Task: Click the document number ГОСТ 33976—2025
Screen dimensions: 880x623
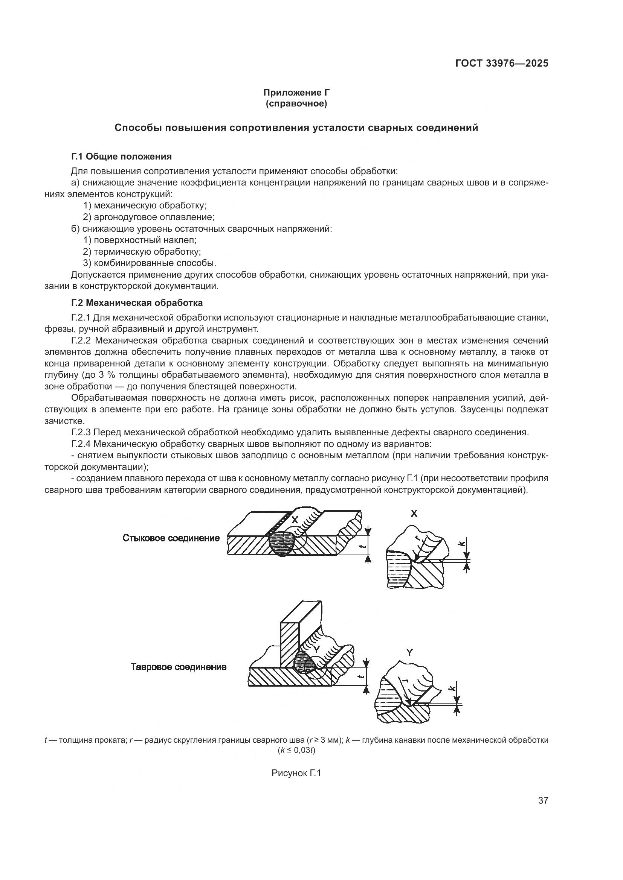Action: (x=502, y=64)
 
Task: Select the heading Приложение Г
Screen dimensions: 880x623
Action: (x=296, y=93)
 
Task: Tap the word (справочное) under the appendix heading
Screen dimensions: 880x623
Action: (x=296, y=104)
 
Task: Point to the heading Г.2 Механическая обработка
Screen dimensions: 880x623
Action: (x=137, y=303)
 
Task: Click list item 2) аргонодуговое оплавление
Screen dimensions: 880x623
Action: (x=148, y=217)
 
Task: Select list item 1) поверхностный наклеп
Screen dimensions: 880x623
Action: (x=140, y=240)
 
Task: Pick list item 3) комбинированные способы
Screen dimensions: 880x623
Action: (x=150, y=263)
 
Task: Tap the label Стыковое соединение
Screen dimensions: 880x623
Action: (x=171, y=538)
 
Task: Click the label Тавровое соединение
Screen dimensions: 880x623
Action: (x=179, y=667)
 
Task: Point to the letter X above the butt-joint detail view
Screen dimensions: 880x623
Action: (x=414, y=514)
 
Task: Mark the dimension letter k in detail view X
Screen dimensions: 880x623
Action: (x=461, y=543)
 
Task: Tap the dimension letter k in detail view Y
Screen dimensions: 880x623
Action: (x=453, y=688)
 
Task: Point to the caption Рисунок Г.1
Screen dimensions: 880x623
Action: (x=296, y=773)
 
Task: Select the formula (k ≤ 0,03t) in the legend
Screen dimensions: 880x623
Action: (x=296, y=751)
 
